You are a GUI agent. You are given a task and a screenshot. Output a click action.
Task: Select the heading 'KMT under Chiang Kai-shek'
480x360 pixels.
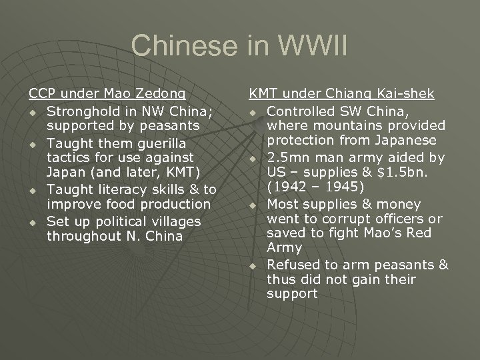click(342, 94)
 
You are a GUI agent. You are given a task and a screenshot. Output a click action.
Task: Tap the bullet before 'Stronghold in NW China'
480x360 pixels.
click(33, 110)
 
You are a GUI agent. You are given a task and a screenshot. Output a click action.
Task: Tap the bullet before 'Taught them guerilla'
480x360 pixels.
click(33, 143)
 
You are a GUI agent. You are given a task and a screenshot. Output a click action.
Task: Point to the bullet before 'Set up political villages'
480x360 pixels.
click(33, 221)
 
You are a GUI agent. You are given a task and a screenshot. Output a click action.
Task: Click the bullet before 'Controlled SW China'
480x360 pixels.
click(253, 110)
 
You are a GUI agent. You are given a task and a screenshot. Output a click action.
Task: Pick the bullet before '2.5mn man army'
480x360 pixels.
click(253, 159)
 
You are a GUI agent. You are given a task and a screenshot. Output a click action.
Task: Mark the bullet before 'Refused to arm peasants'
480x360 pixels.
click(253, 266)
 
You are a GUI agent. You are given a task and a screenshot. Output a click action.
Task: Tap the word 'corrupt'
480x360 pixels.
click(353, 219)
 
